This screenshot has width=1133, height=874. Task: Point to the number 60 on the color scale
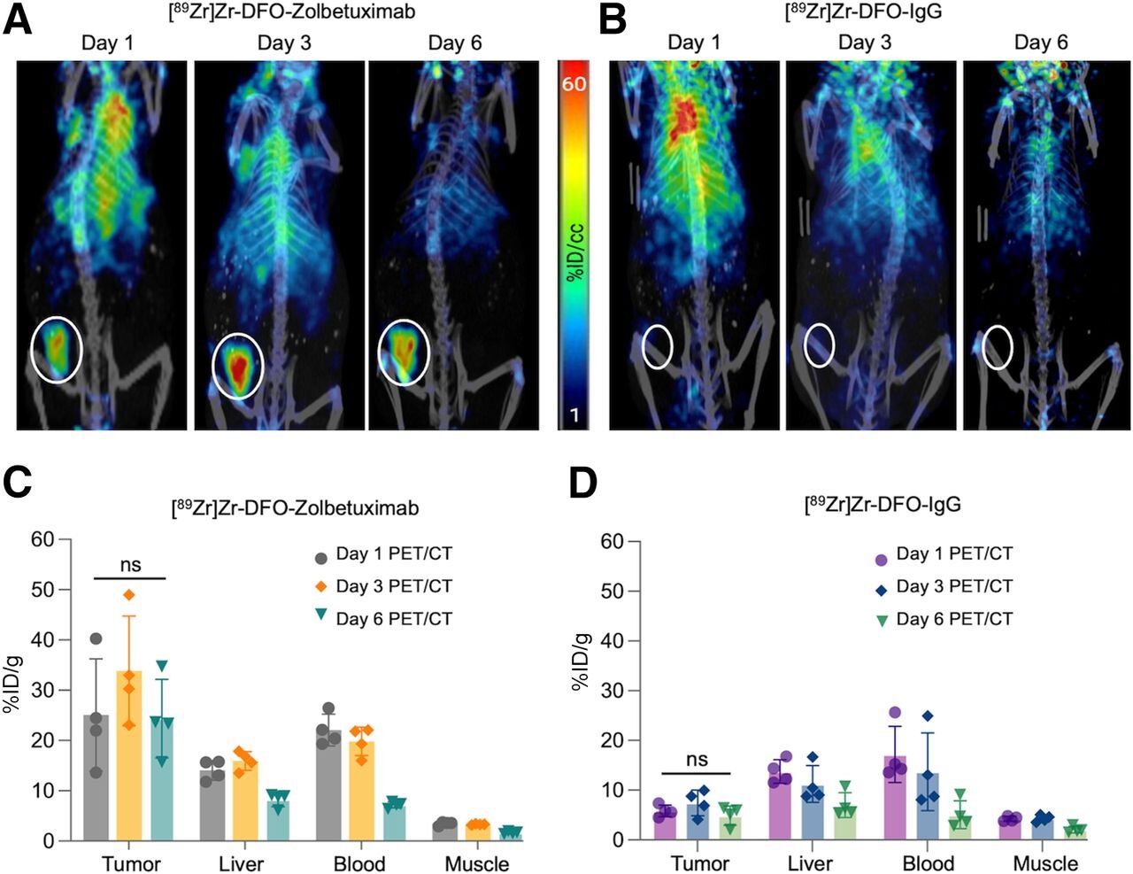[x=574, y=84]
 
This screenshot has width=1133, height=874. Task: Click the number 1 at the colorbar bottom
[x=574, y=414]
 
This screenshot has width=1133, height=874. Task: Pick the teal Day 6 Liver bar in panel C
[x=278, y=820]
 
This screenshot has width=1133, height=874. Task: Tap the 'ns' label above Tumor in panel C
[x=130, y=565]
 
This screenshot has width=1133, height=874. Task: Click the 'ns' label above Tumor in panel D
[x=697, y=759]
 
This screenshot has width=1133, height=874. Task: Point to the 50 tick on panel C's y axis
[x=42, y=590]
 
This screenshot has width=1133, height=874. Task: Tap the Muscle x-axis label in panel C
[x=477, y=863]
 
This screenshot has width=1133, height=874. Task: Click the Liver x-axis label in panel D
[x=810, y=863]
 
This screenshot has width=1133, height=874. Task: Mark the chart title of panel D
[x=882, y=505]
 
